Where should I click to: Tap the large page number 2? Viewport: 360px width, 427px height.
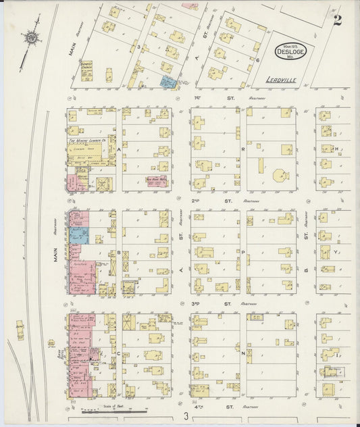pyautogui.click(x=336, y=20)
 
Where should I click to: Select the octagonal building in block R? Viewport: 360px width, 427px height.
pyautogui.click(x=281, y=176)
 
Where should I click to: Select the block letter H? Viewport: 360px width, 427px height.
pyautogui.click(x=336, y=149)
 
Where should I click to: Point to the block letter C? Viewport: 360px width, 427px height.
pyautogui.click(x=119, y=353)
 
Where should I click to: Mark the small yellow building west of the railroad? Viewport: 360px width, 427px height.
pyautogui.click(x=20, y=330)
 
